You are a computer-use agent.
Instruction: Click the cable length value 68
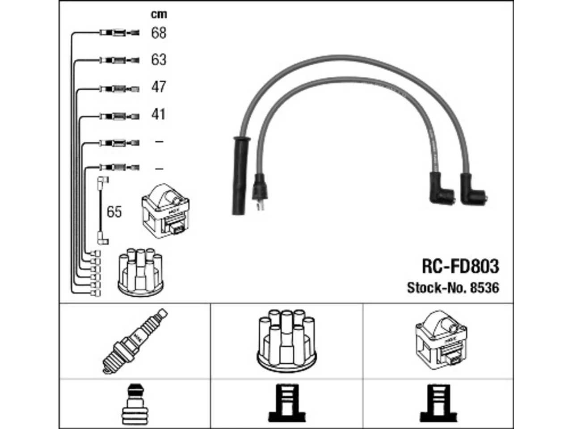click(159, 33)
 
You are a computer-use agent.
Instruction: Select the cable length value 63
click(159, 59)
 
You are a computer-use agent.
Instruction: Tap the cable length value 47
click(159, 87)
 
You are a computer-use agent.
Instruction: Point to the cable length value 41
click(158, 114)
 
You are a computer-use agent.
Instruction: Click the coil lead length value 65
click(114, 212)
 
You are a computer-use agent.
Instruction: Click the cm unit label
click(159, 14)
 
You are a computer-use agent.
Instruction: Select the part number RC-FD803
click(460, 266)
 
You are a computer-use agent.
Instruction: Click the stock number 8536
click(484, 288)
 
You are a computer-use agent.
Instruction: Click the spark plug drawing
click(135, 341)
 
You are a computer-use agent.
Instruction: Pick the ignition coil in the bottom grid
click(441, 341)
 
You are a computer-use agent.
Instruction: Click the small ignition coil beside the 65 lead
click(165, 211)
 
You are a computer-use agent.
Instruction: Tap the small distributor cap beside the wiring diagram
click(141, 272)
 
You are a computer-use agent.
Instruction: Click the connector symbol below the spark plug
click(135, 405)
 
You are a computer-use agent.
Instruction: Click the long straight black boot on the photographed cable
click(241, 176)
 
